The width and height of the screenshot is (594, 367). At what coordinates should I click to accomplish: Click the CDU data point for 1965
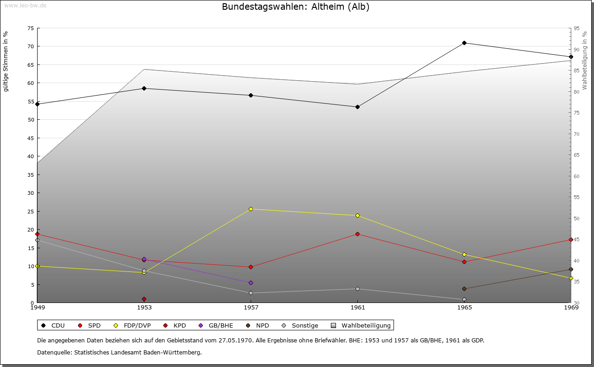(464, 43)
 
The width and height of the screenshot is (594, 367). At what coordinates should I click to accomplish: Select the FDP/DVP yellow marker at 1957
(251, 209)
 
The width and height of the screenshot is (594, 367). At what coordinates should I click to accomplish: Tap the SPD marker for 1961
(357, 234)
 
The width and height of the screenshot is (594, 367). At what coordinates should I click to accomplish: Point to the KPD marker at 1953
(144, 299)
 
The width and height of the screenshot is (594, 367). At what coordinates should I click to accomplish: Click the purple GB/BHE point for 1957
(251, 283)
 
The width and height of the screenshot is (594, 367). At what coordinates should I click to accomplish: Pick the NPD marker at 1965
(464, 289)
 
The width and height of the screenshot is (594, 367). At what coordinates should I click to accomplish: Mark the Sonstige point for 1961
(357, 289)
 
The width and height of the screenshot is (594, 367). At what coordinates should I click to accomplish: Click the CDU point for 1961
(357, 107)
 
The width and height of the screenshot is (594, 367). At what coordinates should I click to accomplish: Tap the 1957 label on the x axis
(251, 307)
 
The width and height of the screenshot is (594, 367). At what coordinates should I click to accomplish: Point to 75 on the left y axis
(31, 28)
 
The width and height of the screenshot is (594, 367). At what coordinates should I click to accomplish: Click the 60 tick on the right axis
(577, 176)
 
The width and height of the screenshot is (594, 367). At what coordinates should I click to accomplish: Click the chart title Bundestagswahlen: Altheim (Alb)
(296, 7)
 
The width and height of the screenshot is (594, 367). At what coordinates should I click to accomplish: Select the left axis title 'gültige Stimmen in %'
(6, 61)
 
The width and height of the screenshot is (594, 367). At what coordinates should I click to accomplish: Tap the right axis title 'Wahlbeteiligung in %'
(585, 61)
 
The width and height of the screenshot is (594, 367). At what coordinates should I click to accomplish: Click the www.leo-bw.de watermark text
(25, 5)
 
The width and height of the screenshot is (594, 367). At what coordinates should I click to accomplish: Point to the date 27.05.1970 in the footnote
(234, 340)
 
